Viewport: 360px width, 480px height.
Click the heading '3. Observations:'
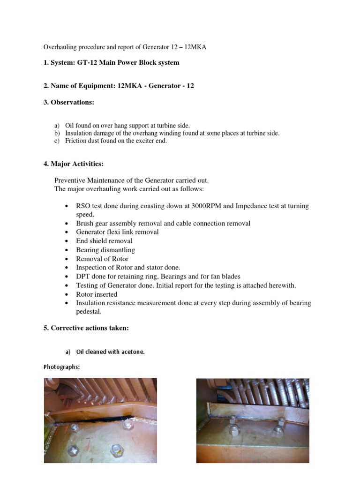click(69, 102)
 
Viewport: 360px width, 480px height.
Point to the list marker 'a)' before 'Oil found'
click(57, 126)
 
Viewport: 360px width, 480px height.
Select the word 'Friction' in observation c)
click(76, 141)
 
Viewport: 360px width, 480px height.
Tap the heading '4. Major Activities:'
click(74, 164)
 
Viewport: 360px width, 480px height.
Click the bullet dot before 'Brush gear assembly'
click(67, 224)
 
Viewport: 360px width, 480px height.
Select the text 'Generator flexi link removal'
click(117, 232)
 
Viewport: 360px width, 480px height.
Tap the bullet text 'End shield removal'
click(104, 241)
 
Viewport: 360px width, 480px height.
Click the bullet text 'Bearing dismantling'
click(105, 250)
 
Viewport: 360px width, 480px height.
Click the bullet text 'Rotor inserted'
click(97, 294)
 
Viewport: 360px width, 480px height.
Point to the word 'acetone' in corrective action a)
click(132, 352)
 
